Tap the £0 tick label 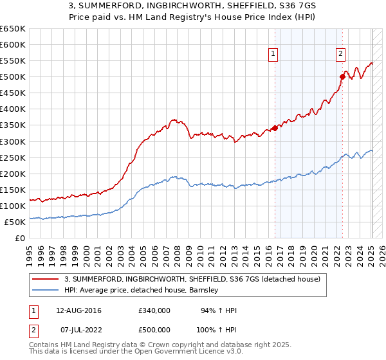click(21, 238)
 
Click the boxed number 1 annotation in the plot click(274, 54)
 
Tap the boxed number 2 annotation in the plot click(340, 54)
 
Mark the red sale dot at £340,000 click(275, 128)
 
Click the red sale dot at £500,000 click(342, 77)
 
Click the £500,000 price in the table click(154, 328)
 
